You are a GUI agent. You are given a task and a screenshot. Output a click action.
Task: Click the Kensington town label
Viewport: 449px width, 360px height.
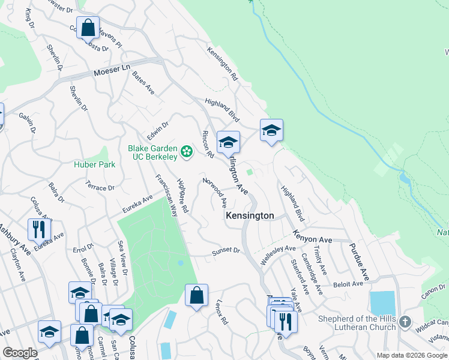[249, 215]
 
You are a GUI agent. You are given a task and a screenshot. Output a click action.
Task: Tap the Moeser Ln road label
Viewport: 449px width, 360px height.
[112, 73]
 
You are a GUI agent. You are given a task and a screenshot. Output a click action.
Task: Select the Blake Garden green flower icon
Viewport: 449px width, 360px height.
[187, 152]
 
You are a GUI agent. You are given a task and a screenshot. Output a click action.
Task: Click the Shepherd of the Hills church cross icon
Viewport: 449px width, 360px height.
[405, 322]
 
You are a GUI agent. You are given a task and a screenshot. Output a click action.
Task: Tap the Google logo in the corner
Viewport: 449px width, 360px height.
[20, 353]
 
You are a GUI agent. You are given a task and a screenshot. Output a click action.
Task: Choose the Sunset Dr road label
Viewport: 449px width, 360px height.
[226, 253]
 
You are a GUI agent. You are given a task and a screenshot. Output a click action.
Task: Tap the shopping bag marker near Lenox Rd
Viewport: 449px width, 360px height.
[196, 295]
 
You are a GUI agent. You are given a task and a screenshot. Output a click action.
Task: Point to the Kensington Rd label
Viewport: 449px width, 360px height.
[223, 64]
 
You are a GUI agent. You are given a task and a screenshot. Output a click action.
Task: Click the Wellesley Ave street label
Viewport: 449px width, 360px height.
[279, 254]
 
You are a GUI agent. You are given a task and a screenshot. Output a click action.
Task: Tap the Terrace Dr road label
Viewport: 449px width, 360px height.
[100, 187]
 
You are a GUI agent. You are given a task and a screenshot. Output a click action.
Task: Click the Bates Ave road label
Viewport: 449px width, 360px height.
[143, 83]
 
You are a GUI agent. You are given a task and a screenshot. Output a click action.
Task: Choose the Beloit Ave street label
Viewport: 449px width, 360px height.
[349, 284]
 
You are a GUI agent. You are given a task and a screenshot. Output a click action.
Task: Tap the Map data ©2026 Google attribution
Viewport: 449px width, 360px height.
[411, 355]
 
